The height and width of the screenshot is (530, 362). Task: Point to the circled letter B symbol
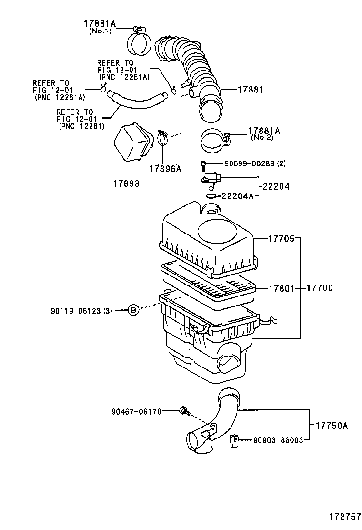click(134, 311)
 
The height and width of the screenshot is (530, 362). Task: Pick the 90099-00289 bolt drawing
click(203, 165)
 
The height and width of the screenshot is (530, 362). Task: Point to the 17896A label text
click(165, 168)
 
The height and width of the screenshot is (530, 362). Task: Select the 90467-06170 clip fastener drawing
click(184, 410)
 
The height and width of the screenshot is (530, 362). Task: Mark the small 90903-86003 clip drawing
click(234, 440)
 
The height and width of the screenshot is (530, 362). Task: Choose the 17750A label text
click(330, 426)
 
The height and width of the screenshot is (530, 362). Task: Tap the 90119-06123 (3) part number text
click(81, 311)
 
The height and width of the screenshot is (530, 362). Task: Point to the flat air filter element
click(210, 285)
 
